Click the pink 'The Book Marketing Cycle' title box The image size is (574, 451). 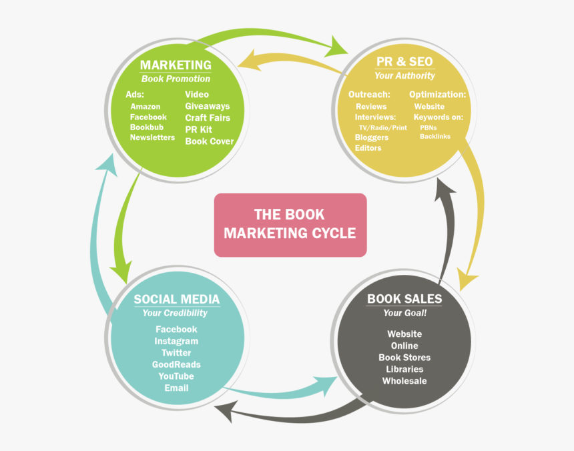point(290,225)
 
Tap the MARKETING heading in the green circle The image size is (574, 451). point(176,65)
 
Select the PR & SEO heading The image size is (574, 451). point(404,61)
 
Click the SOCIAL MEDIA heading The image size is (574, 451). point(176,299)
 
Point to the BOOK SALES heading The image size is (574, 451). point(404,298)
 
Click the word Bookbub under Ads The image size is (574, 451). point(147,127)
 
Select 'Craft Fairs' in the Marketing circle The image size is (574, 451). point(208,118)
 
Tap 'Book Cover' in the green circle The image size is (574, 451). point(210,141)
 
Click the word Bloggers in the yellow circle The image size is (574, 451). point(372,137)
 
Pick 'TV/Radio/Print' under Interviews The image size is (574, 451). point(383,127)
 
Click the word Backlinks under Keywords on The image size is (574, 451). point(435,136)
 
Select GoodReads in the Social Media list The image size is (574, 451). point(176,364)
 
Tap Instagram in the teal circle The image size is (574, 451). point(176,341)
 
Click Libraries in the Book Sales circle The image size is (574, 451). point(404,369)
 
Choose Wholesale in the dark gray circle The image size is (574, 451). point(404,381)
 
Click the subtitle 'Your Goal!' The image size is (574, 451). point(404,314)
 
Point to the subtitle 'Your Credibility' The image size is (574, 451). point(175,313)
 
